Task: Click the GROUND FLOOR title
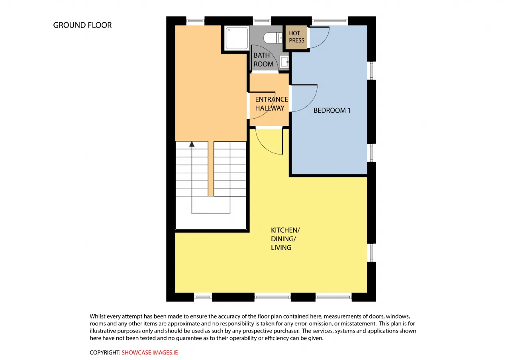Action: [x=82, y=25]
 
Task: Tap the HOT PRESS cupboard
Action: [x=296, y=37]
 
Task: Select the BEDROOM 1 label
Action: [x=332, y=110]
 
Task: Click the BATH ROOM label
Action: [x=263, y=60]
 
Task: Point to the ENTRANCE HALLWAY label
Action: [x=272, y=104]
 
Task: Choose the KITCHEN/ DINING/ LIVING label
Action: [x=285, y=239]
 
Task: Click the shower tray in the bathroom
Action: [x=237, y=38]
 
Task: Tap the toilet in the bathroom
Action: [x=273, y=38]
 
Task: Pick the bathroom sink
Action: [x=284, y=61]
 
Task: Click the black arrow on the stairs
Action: [x=192, y=144]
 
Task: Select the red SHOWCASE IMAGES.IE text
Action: [x=150, y=352]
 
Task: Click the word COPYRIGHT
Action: [x=105, y=352]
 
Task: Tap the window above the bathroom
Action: [x=262, y=21]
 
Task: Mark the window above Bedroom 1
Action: [x=330, y=21]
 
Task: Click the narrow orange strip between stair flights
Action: [x=211, y=168]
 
